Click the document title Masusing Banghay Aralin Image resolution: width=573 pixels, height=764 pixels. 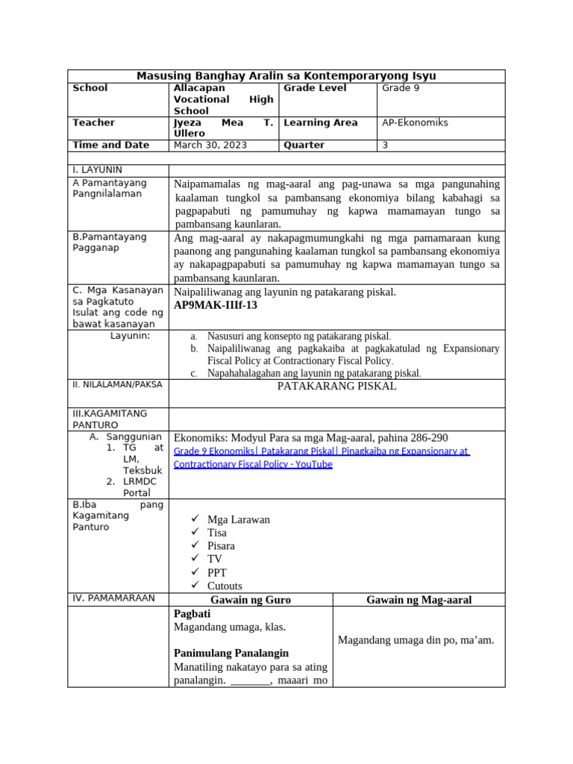[286, 76]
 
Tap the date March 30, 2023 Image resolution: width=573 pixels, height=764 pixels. [203, 145]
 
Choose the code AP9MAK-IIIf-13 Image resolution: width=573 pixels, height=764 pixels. [216, 306]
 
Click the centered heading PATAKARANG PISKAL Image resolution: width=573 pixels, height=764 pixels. [336, 386]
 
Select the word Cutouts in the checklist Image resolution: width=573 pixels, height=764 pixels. [225, 586]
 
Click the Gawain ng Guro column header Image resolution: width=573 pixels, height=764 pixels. [251, 600]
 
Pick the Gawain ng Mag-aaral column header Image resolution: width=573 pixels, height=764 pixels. [419, 600]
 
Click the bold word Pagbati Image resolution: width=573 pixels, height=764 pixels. [192, 613]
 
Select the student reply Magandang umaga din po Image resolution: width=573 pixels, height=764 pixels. [416, 640]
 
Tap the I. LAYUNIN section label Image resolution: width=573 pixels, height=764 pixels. [98, 170]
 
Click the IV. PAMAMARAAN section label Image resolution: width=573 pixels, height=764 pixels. [113, 598]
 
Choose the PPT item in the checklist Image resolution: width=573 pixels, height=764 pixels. [217, 573]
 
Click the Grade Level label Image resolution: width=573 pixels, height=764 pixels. [316, 88]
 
